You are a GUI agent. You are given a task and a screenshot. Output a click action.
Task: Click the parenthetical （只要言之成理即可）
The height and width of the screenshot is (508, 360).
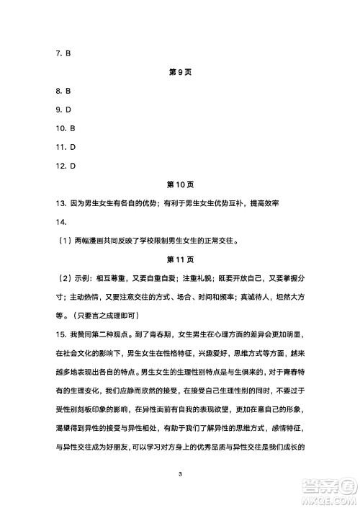[x=108, y=316]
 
